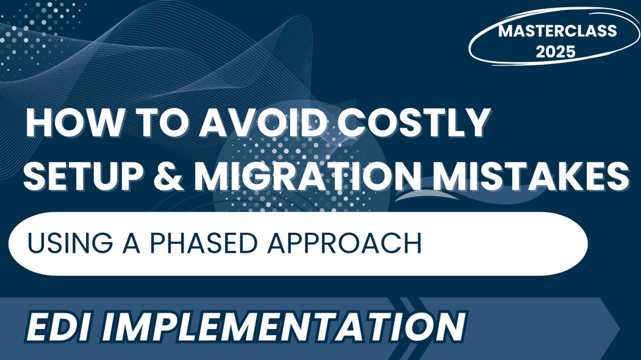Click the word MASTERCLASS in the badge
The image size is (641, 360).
point(557,31)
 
